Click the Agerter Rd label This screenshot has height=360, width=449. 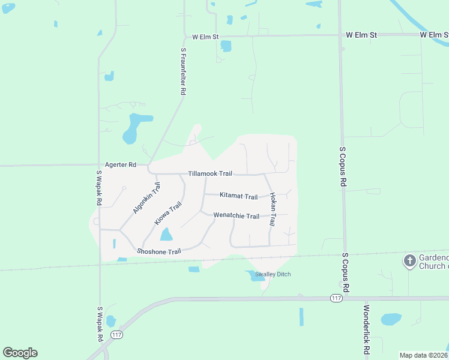120,164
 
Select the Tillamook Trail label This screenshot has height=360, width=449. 209,173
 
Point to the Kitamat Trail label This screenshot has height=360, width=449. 238,196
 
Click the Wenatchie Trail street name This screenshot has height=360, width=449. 236,216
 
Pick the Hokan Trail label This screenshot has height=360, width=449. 272,209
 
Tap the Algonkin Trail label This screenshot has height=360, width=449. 146,199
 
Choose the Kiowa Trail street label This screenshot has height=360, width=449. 167,214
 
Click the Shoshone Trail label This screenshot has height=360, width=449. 158,251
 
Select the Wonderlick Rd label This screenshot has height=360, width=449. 366,329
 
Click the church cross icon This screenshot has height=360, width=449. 409,261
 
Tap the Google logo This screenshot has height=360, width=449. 20,353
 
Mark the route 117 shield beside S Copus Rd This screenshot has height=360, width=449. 336,298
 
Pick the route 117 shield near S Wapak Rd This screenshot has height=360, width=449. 116,335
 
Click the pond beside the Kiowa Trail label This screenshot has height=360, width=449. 166,235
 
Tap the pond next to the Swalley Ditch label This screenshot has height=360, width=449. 251,275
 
